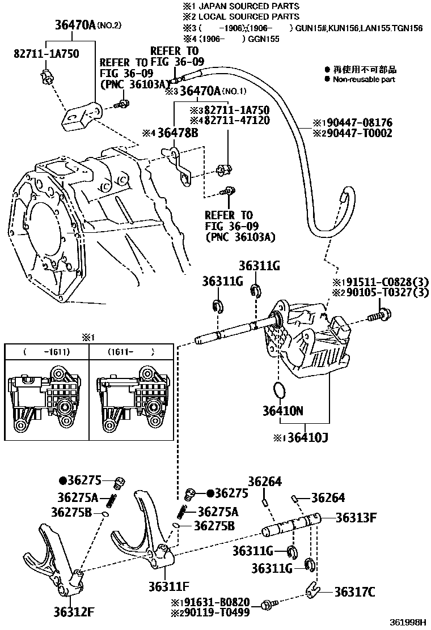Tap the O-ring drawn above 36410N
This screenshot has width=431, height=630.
[x=278, y=390]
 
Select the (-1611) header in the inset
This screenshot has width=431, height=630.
[x=47, y=352]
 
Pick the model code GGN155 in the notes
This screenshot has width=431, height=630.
[x=264, y=39]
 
